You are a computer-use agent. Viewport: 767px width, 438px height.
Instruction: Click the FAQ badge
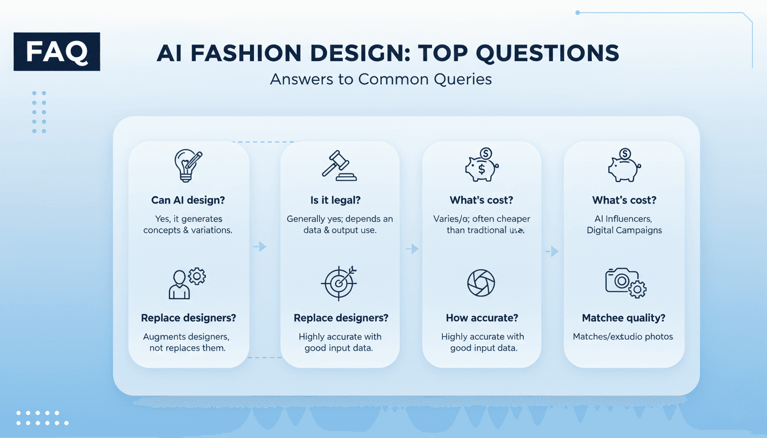click(56, 52)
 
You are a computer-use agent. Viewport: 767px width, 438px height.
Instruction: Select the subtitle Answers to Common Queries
click(381, 79)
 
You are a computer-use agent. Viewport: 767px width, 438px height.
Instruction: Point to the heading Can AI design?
click(188, 200)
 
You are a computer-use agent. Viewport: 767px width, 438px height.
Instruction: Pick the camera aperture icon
click(481, 282)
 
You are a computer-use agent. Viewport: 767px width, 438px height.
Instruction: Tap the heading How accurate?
click(481, 318)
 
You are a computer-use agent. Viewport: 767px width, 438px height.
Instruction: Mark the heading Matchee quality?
click(623, 318)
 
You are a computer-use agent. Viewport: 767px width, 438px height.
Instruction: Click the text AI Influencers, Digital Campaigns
click(624, 224)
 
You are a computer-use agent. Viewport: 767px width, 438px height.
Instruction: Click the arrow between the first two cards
click(260, 246)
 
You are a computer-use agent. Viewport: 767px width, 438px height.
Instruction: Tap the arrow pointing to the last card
click(552, 251)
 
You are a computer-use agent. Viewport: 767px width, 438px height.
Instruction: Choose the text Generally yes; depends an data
click(340, 224)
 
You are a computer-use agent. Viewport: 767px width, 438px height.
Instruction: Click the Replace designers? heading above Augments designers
click(188, 318)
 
